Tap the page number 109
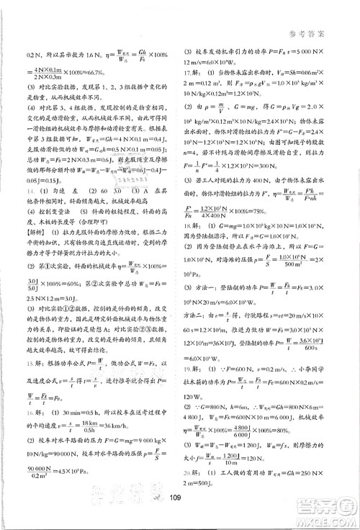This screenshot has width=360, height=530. (180, 516)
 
